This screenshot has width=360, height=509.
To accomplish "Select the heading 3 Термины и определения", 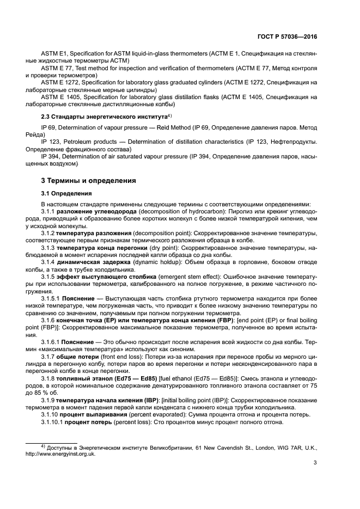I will point(89,180).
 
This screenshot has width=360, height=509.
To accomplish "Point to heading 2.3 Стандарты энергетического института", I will point(103,117).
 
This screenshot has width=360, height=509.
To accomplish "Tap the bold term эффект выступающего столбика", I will point(107,276).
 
